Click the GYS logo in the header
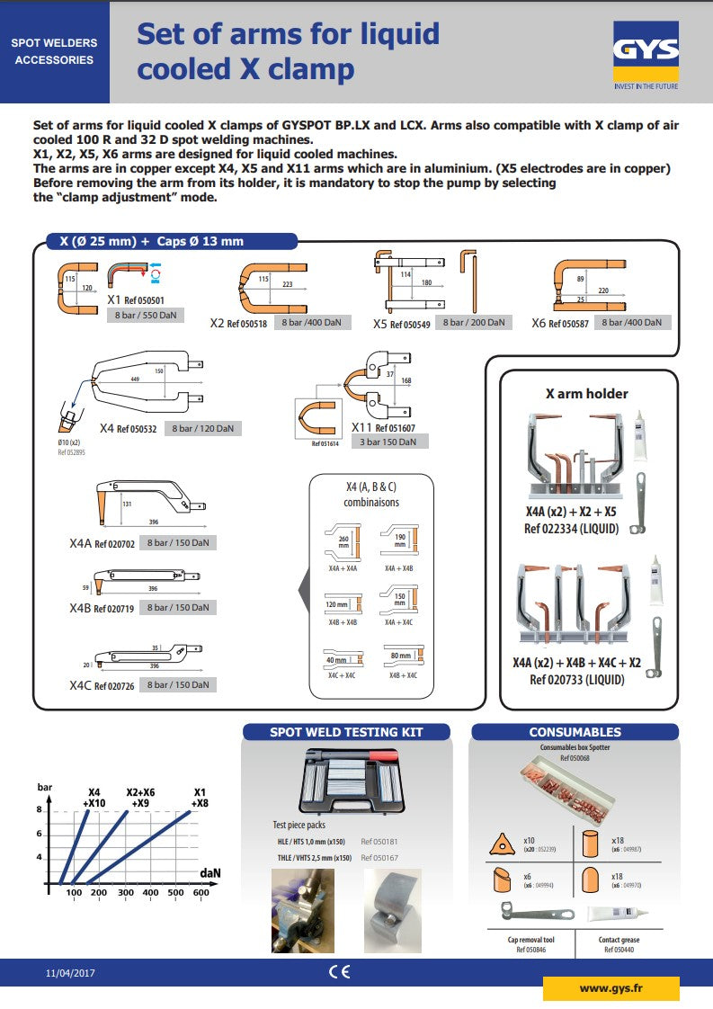646,52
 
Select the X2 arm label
217,322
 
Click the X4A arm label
81,543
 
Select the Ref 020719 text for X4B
114,609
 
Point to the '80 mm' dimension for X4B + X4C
399,656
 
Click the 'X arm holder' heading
586,393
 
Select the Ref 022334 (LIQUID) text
572,529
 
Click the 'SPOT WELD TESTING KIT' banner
346,732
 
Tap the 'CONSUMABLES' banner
575,732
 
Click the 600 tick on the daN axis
201,893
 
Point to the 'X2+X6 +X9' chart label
139,798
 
